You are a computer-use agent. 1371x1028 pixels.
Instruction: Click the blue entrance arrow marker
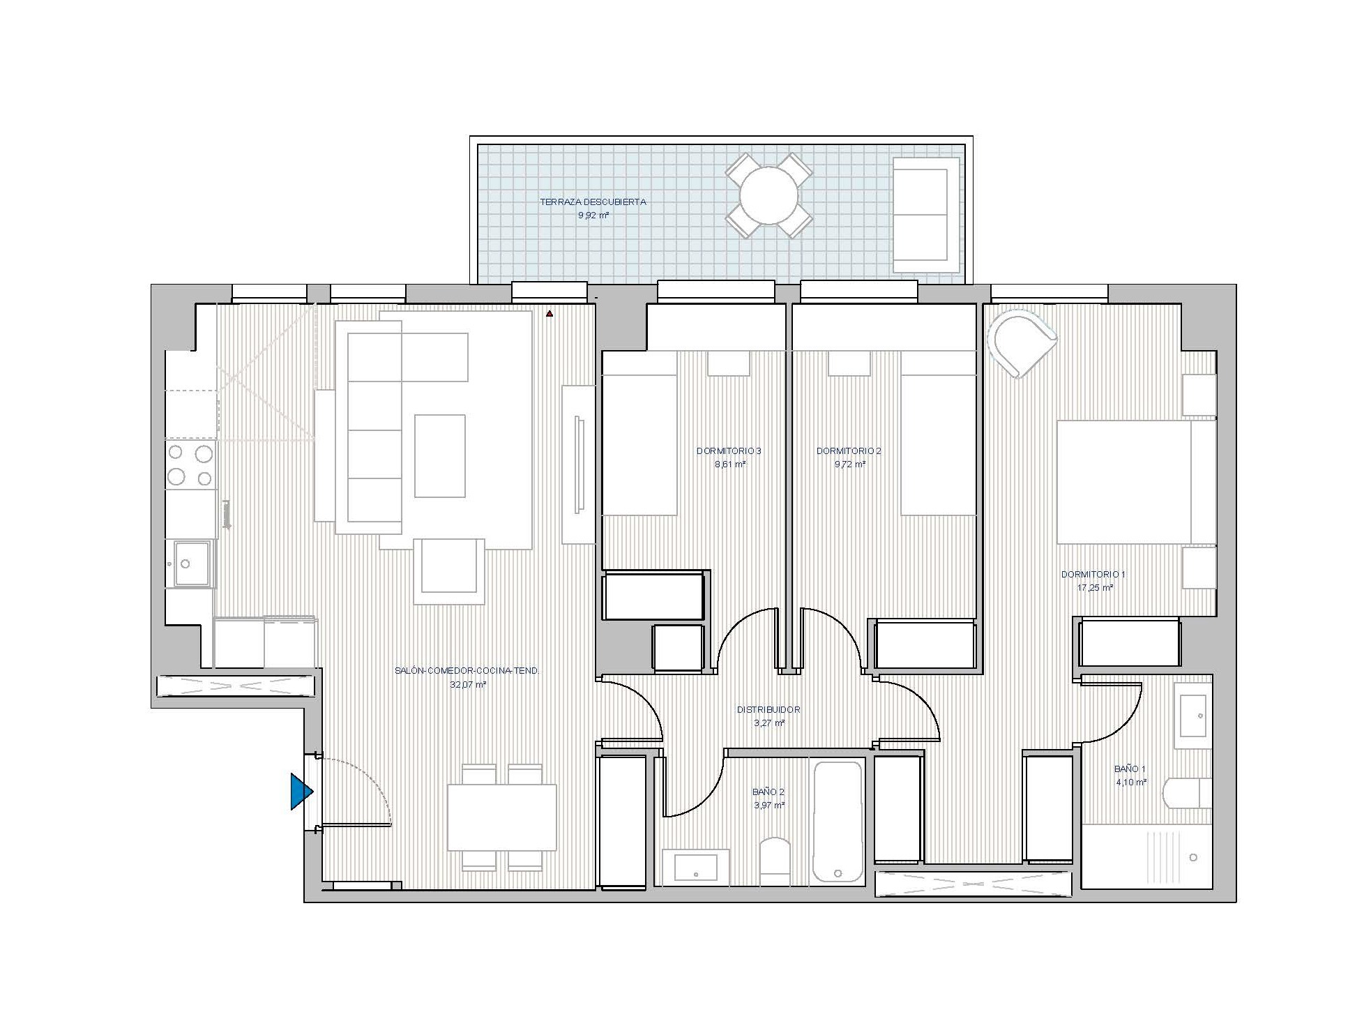pyautogui.click(x=301, y=792)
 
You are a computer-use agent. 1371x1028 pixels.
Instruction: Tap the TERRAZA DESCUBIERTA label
pyautogui.click(x=593, y=202)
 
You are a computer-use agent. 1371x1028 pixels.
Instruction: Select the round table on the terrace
pyautogui.click(x=769, y=195)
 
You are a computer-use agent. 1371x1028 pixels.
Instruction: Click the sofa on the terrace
pyautogui.click(x=926, y=214)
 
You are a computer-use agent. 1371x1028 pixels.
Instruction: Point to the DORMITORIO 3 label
pyautogui.click(x=729, y=451)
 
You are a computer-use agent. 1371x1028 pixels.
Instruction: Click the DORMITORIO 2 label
pyautogui.click(x=849, y=451)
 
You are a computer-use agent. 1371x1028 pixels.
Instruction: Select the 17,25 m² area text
pyautogui.click(x=1095, y=588)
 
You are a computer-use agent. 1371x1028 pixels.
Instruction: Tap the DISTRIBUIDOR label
pyautogui.click(x=768, y=709)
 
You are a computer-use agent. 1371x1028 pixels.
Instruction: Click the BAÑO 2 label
pyautogui.click(x=768, y=792)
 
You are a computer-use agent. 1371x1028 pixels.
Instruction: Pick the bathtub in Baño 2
pyautogui.click(x=838, y=824)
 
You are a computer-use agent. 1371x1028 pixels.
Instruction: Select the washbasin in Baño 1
pyautogui.click(x=1193, y=716)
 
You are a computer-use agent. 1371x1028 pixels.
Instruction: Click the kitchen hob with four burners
pyautogui.click(x=190, y=464)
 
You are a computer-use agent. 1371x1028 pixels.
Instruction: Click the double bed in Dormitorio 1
pyautogui.click(x=1136, y=482)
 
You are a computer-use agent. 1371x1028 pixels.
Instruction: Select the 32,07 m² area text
pyautogui.click(x=468, y=685)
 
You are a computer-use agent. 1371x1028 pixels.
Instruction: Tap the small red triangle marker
pyautogui.click(x=550, y=314)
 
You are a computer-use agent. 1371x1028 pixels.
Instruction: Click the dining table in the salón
pyautogui.click(x=502, y=817)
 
